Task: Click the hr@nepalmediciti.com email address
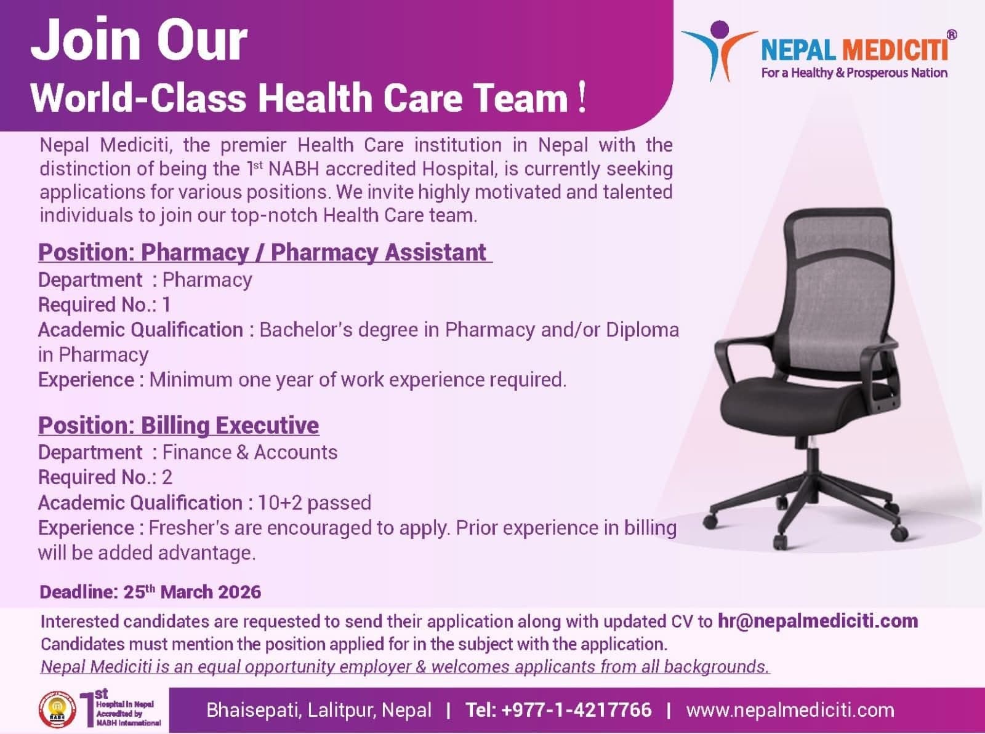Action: (818, 621)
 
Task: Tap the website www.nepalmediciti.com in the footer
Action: (790, 710)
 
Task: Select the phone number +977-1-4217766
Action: (576, 710)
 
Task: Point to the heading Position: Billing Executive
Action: (179, 425)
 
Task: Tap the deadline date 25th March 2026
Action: (192, 592)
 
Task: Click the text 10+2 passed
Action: (314, 503)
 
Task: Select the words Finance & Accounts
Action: (249, 452)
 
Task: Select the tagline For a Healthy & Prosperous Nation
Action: (854, 73)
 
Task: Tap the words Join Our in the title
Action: (139, 40)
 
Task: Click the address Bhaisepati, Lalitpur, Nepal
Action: (319, 710)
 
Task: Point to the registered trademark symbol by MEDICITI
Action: (951, 36)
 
